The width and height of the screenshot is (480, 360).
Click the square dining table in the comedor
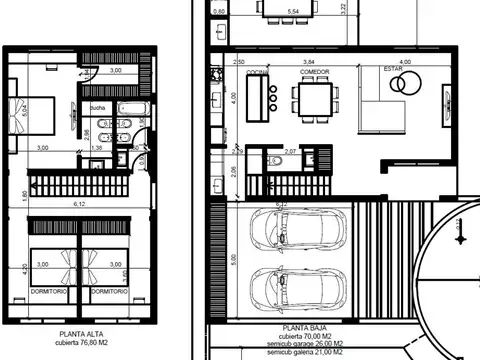coord(313,98)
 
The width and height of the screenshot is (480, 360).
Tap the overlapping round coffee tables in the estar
coord(403,85)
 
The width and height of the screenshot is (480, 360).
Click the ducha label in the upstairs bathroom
coord(97,107)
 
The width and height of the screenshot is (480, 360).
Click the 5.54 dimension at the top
coord(293,11)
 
